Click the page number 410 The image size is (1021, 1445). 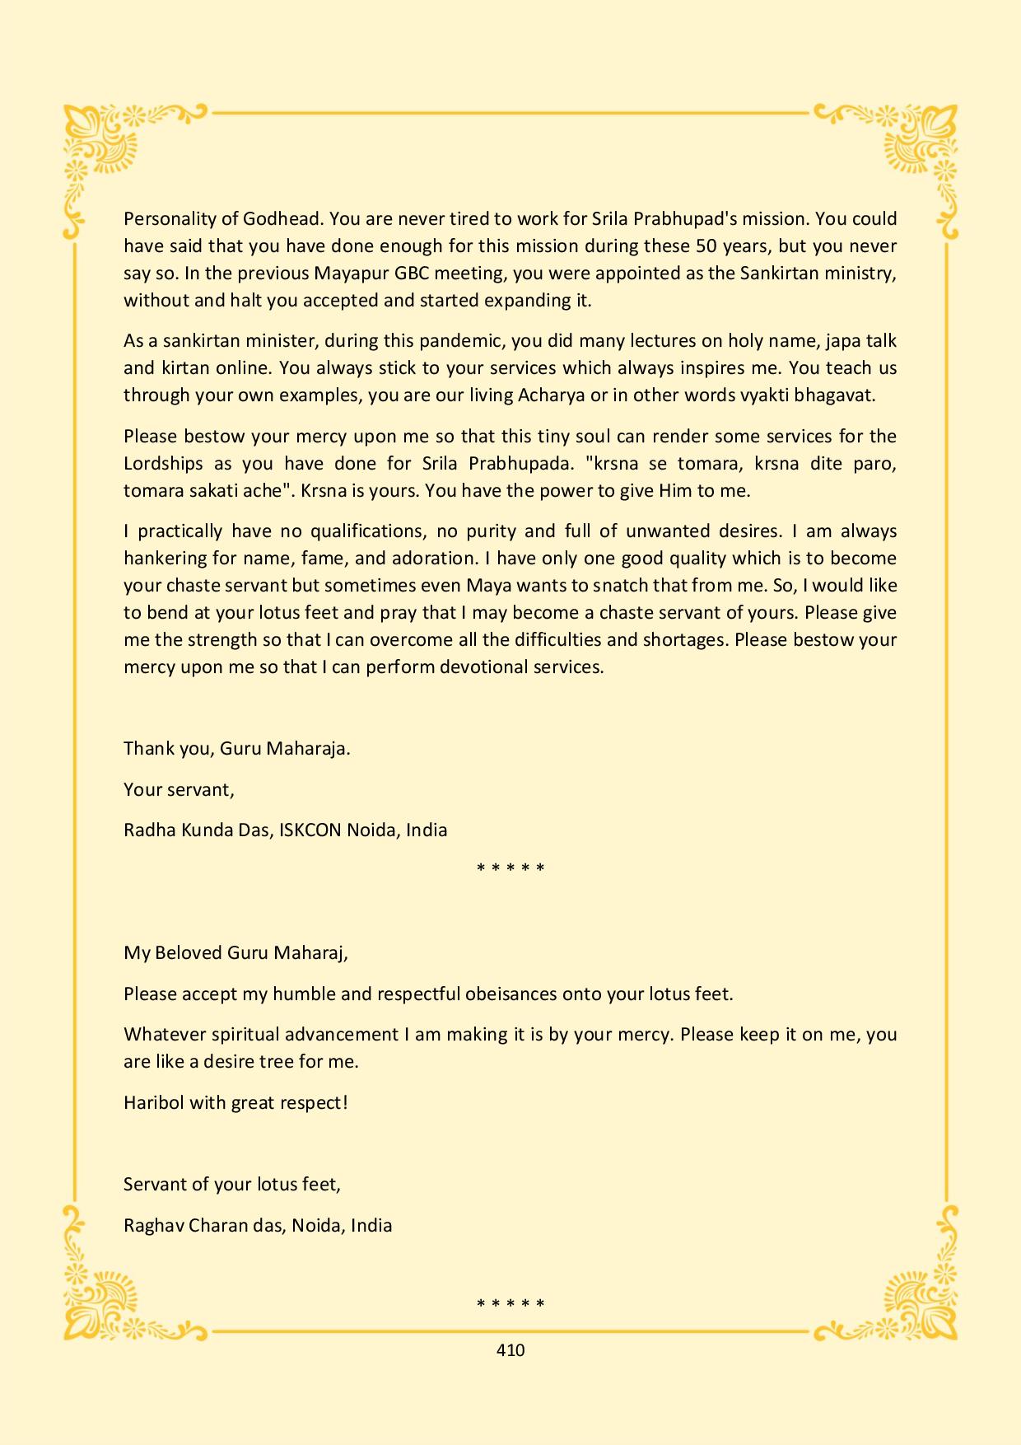tap(510, 1350)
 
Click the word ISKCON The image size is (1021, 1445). tap(310, 830)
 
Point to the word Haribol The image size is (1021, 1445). tap(154, 1103)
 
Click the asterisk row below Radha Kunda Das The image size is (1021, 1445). tap(510, 868)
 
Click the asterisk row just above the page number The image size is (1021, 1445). tap(510, 1304)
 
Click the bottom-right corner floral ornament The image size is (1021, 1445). tap(918, 1293)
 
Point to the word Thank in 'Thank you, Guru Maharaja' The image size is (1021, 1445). tap(146, 749)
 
